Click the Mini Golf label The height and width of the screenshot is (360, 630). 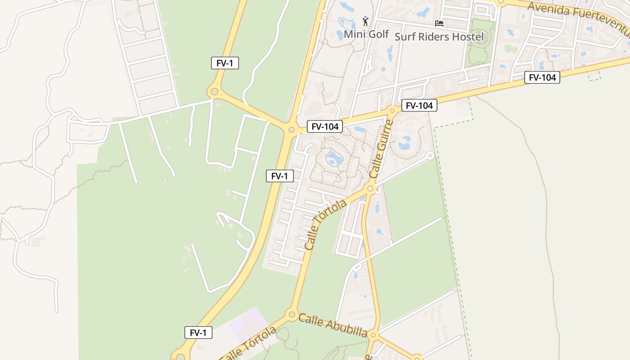pos(366,34)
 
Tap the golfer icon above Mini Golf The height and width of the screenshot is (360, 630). pos(365,22)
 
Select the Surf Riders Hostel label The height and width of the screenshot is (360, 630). pos(439,36)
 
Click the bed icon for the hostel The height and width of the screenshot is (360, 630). pos(439,23)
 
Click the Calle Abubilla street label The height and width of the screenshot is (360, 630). pos(333,325)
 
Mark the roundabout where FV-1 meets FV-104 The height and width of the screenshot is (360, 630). pos(291,130)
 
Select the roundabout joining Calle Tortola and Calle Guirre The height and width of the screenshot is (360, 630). pos(370,189)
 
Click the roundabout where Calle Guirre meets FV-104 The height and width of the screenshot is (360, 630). pos(392,110)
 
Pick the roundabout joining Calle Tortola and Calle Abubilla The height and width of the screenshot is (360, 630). pos(292,314)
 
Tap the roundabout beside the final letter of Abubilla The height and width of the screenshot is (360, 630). pos(373,335)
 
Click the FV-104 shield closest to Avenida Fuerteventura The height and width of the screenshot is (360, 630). pos(542,77)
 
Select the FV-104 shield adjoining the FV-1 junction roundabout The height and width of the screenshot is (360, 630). pos(324,126)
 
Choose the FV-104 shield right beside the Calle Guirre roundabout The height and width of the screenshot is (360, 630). pos(419,105)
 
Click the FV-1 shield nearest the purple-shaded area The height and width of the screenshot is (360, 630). pos(198,333)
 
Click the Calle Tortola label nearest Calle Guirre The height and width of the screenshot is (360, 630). pos(325,225)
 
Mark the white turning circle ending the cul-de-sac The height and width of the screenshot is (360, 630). pos(430,156)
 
